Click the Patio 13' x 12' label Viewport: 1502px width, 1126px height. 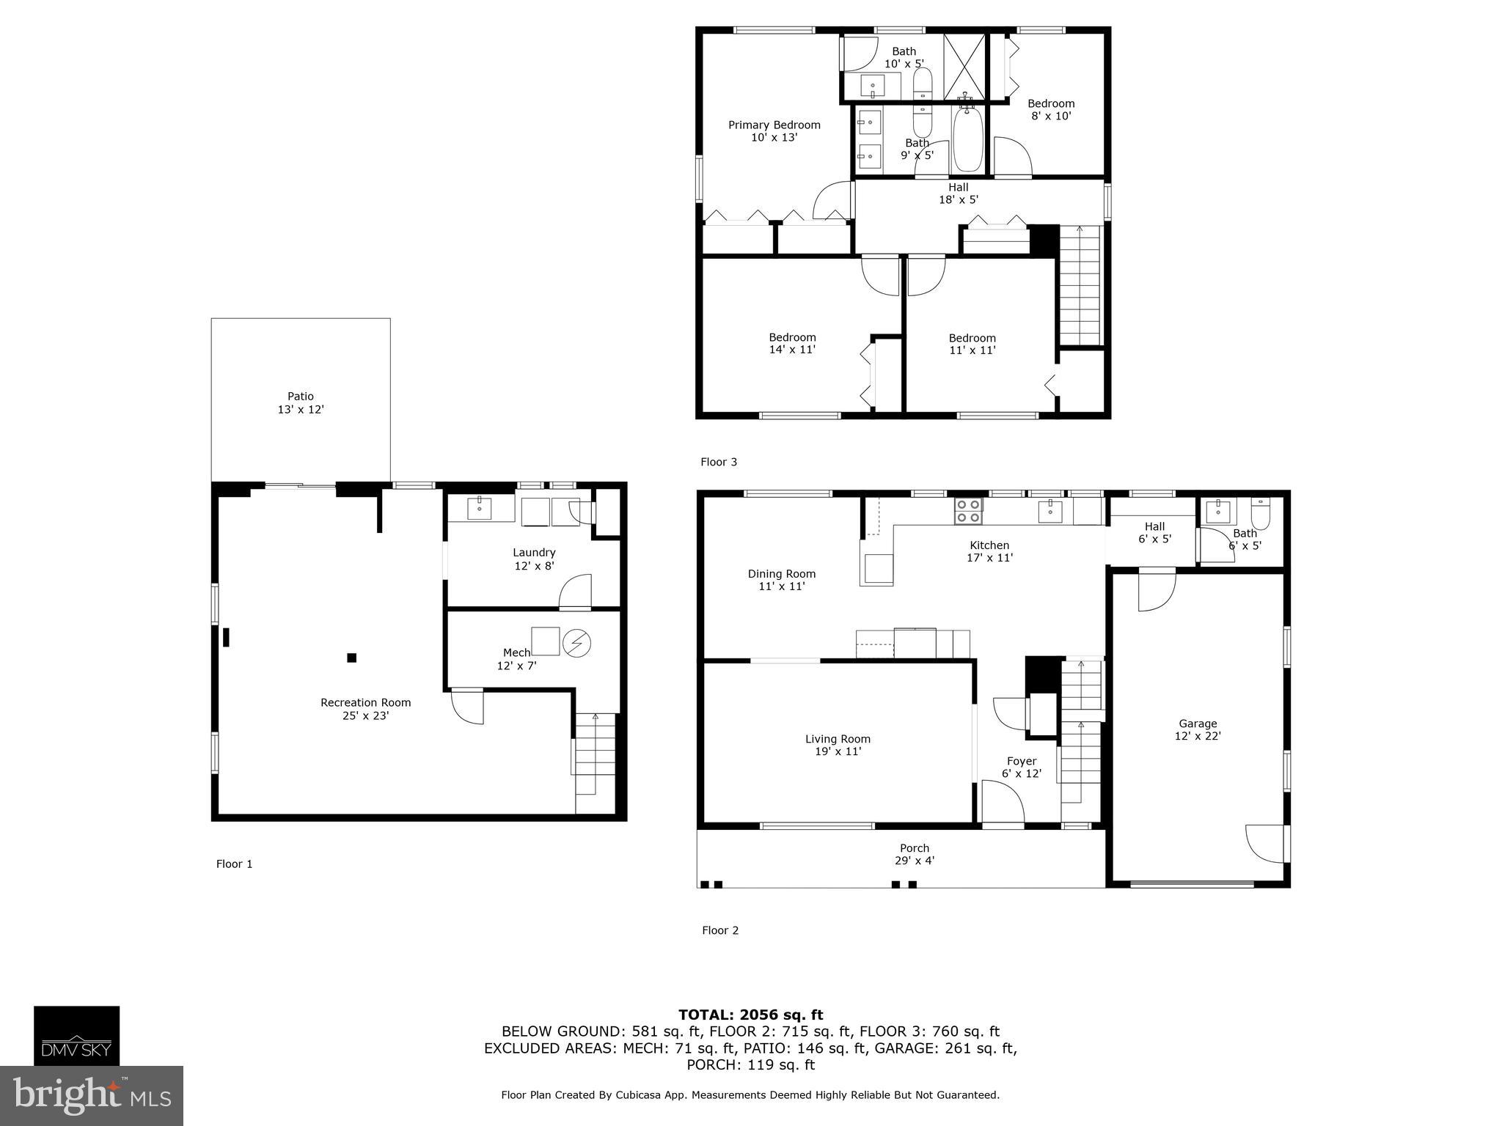301,402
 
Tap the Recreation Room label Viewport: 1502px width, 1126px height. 365,708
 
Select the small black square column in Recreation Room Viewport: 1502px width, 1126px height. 351,658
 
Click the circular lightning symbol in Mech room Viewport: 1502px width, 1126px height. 576,642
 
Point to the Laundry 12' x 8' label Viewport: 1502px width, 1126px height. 534,559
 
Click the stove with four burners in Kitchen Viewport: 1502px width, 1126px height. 968,510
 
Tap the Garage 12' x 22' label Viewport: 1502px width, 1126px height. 1197,729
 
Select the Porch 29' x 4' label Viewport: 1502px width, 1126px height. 914,854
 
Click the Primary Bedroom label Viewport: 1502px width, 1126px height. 774,130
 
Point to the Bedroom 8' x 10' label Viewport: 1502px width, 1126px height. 1050,109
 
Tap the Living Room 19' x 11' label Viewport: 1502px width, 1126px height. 838,745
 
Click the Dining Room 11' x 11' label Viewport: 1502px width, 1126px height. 781,580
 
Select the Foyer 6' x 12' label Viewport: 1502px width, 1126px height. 1021,767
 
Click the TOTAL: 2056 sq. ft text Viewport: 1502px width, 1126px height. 750,1015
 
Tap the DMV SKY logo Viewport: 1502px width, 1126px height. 76,1035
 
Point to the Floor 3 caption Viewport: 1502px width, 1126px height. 718,462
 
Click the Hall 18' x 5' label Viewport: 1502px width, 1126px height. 958,193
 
